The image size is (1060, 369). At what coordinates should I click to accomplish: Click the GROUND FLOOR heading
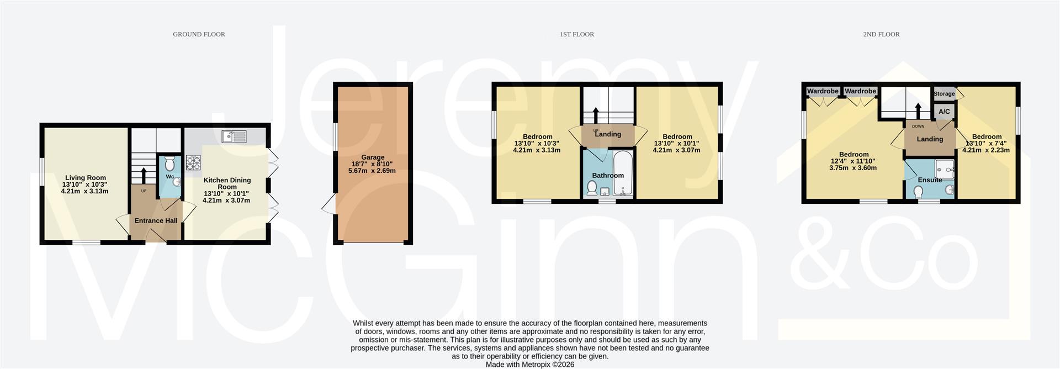click(x=199, y=34)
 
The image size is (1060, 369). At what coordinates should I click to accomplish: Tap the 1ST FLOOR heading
click(x=577, y=34)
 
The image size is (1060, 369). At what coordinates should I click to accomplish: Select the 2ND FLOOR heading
click(x=881, y=34)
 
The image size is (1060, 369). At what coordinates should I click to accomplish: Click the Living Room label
click(x=85, y=178)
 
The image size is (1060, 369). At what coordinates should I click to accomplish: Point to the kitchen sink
click(x=235, y=136)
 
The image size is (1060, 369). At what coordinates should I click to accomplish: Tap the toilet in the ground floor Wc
click(x=170, y=163)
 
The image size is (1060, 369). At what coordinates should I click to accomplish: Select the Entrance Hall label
click(x=156, y=220)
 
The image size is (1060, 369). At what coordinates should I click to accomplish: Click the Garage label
click(x=373, y=157)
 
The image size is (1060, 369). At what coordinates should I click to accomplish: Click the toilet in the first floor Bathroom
click(x=591, y=189)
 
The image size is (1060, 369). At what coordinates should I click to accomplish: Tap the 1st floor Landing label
click(x=608, y=134)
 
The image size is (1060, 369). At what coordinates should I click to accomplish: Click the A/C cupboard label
click(x=944, y=112)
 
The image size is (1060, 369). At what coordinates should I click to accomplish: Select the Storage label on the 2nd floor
click(x=944, y=94)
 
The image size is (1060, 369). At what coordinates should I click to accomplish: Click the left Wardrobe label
click(x=823, y=91)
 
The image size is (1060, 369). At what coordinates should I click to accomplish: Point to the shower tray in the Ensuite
click(x=945, y=171)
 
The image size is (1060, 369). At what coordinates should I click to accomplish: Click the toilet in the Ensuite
click(x=919, y=192)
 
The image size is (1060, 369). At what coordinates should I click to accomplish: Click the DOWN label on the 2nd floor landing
click(x=918, y=126)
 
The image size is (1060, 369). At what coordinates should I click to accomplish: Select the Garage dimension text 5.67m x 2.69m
click(x=372, y=171)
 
